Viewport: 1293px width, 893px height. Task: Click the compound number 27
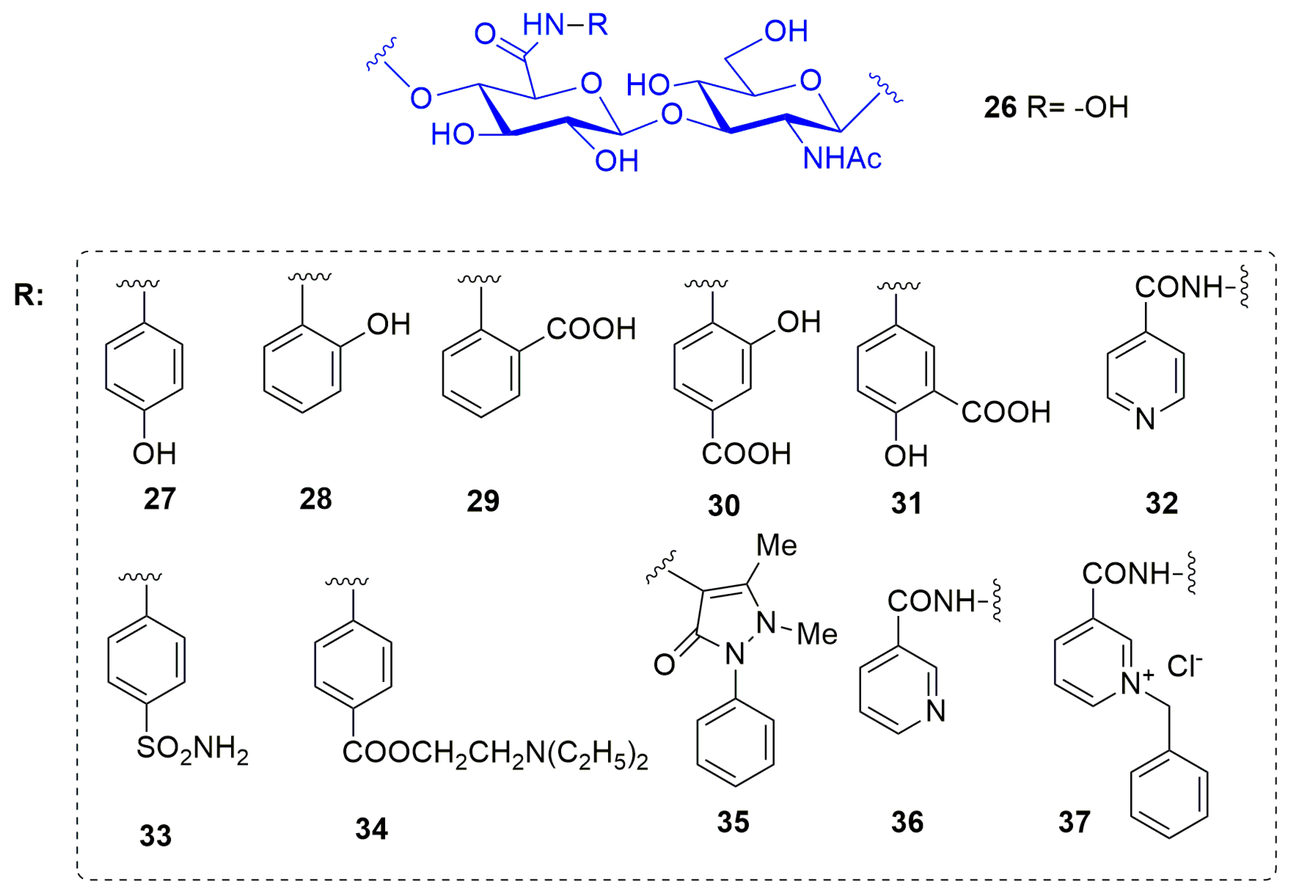(160, 499)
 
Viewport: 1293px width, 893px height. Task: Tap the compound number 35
(733, 822)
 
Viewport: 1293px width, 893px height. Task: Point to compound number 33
(155, 835)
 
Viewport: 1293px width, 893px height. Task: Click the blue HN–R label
(564, 25)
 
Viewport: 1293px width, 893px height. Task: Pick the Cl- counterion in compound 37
(1184, 666)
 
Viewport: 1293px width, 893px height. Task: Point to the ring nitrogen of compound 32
(1145, 419)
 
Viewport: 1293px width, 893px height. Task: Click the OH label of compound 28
(388, 324)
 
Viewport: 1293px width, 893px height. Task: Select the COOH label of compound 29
(591, 329)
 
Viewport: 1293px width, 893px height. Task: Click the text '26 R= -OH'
(1056, 107)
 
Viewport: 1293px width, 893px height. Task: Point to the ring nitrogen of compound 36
(935, 710)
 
